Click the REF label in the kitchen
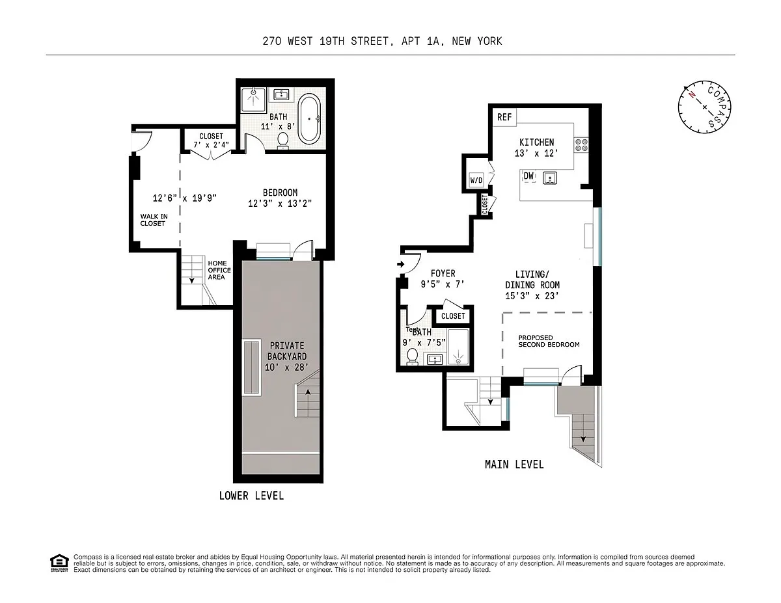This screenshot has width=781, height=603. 504,117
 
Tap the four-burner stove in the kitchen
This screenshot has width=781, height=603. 581,145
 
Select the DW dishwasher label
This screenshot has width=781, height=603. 528,176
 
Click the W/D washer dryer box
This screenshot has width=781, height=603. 476,180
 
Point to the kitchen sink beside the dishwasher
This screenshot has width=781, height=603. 550,178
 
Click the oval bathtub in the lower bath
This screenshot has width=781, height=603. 309,119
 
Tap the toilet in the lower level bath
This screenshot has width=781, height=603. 283,141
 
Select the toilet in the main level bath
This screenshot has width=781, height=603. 412,356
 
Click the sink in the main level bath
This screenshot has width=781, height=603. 435,359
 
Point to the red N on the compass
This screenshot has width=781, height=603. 691,95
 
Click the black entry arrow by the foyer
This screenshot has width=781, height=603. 401,264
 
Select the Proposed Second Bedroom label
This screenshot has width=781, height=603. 549,341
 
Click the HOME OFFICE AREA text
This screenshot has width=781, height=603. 219,270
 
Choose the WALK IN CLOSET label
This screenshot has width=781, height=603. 154,220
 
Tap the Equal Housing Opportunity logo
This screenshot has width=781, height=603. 59,563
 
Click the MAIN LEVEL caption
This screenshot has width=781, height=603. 514,464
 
